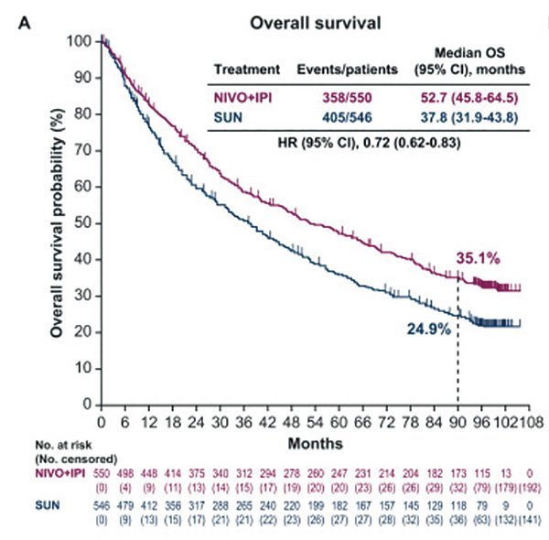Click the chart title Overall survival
304,20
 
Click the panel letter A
26,20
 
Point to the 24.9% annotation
428,328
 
